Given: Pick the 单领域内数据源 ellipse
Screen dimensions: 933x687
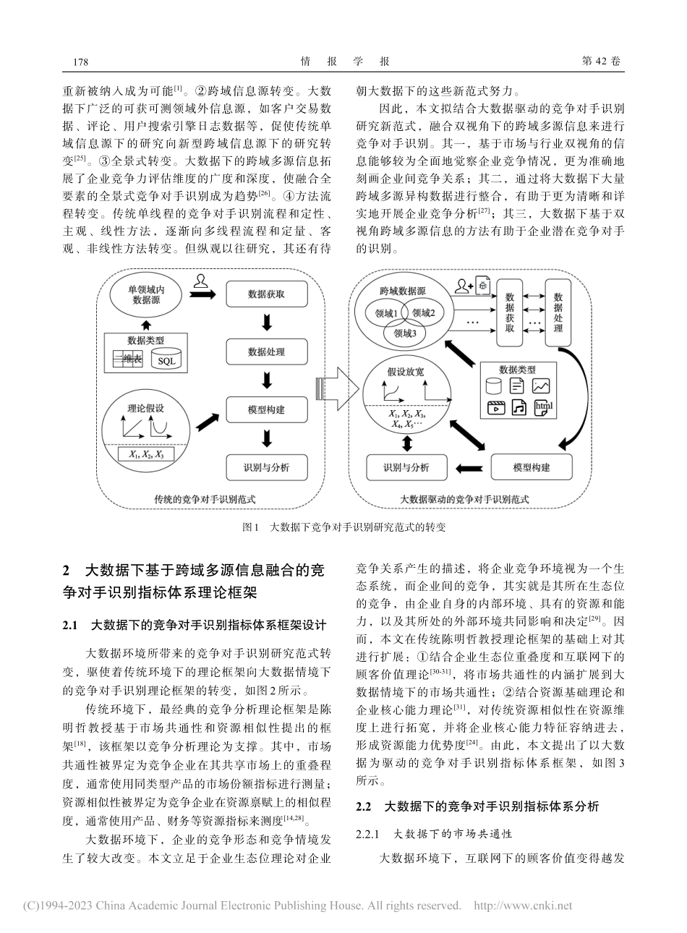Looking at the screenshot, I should click(148, 296).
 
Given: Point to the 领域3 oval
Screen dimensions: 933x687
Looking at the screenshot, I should click(405, 333).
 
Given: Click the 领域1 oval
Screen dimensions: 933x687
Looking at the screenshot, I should click(385, 313).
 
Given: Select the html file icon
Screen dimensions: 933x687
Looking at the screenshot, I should click(542, 407).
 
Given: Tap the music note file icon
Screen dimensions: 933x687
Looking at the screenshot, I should click(518, 407).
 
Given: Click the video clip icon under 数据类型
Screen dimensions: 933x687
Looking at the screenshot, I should click(495, 407).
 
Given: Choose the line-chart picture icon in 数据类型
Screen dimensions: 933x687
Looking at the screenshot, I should click(542, 386).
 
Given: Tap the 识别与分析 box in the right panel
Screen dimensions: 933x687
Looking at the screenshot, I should click(406, 466).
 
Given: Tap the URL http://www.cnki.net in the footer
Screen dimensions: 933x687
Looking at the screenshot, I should click(522, 906).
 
